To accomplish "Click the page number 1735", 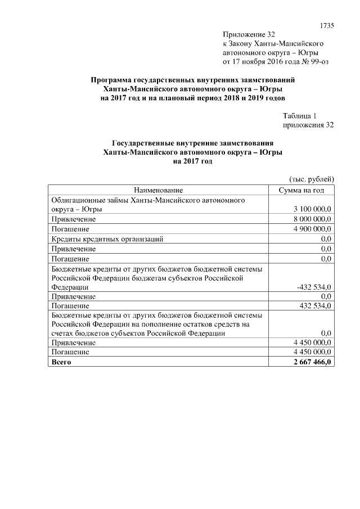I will (x=327, y=25).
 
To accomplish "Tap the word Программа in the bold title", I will (x=113, y=80).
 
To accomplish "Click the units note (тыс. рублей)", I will (x=312, y=179).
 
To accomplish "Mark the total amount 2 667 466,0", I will (x=311, y=363).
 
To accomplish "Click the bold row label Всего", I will (x=61, y=363).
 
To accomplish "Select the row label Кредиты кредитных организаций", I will (x=107, y=239).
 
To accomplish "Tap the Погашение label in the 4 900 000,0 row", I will (x=70, y=229).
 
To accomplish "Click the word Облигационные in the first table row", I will (x=78, y=200).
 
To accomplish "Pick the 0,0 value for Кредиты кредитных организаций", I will (x=326, y=239).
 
